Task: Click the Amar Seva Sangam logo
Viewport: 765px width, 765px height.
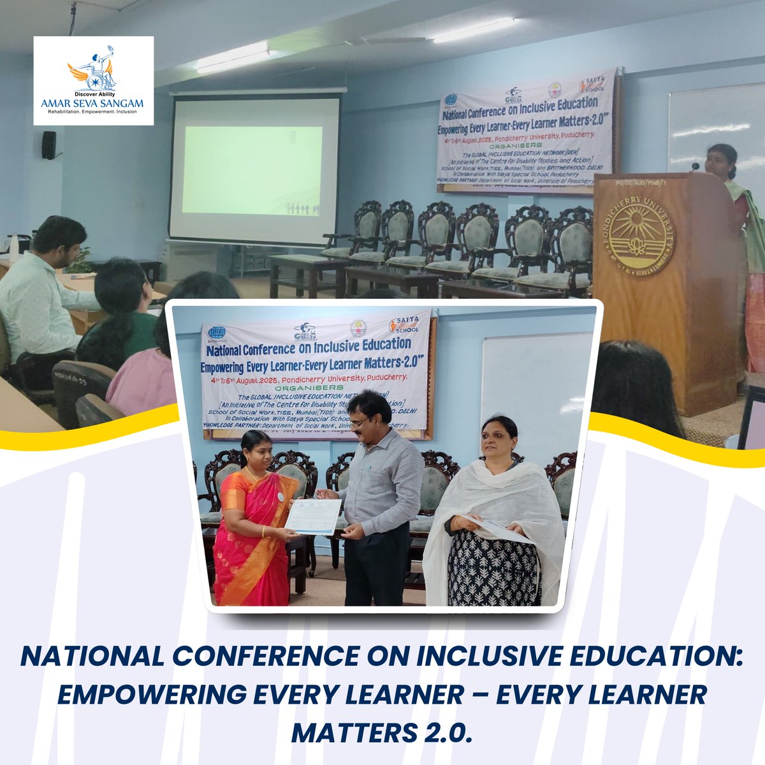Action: [x=93, y=80]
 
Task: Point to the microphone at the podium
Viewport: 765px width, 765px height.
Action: [x=696, y=166]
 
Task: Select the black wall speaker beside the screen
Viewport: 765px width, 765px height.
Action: [x=48, y=145]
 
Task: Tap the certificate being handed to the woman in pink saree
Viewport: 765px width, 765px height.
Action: [x=313, y=516]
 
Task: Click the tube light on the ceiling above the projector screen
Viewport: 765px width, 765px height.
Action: [x=233, y=57]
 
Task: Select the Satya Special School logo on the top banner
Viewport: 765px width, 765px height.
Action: [x=590, y=87]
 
